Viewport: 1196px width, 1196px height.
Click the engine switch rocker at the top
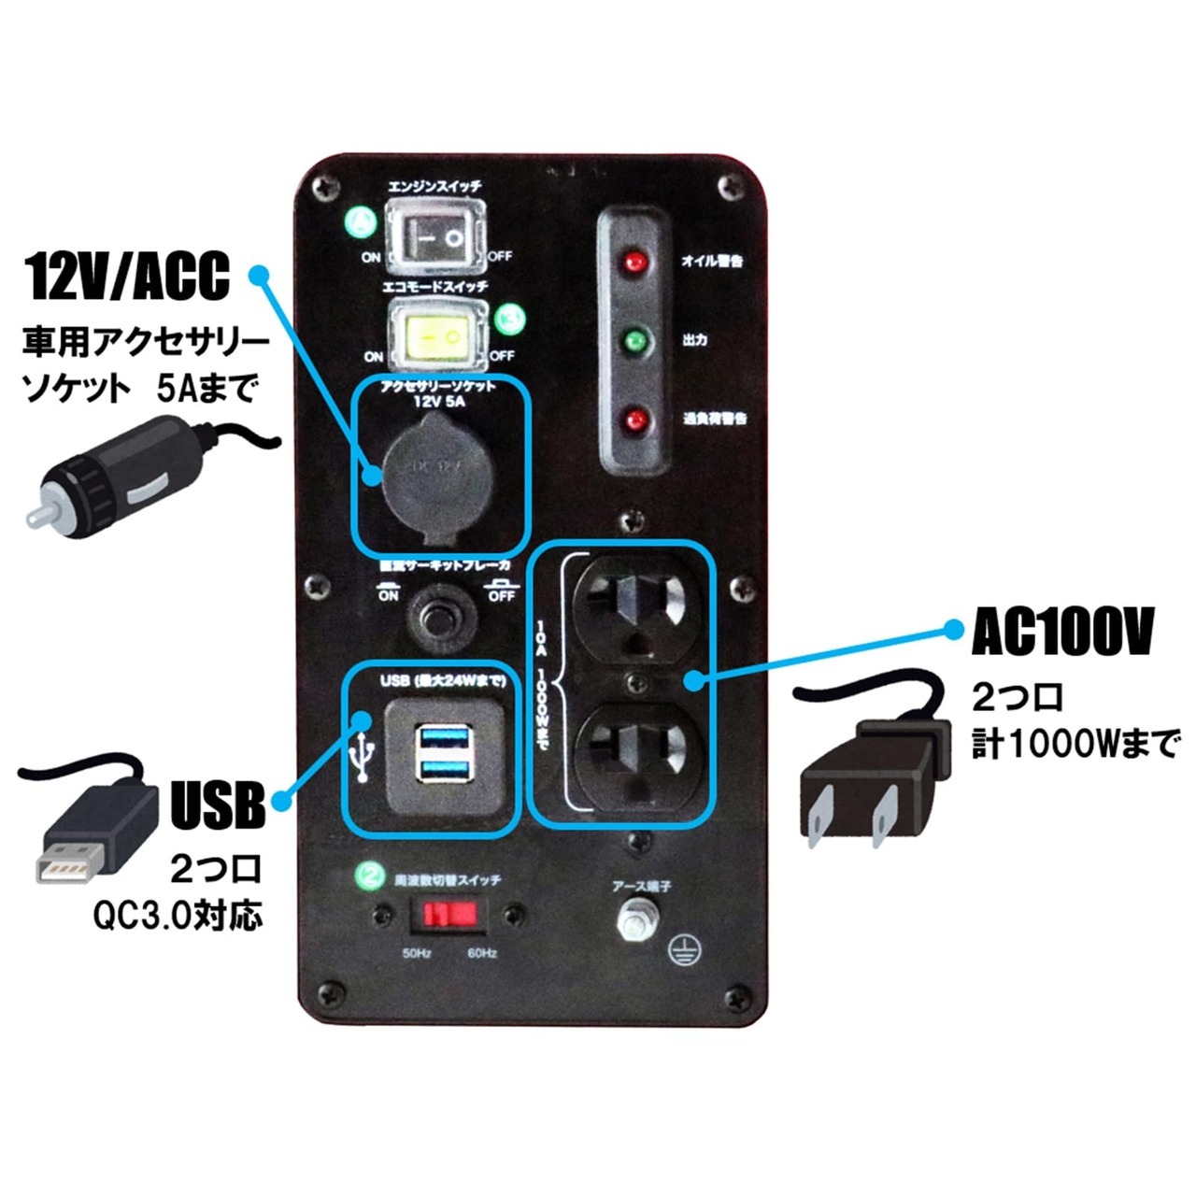[x=438, y=236]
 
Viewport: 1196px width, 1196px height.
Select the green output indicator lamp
[x=635, y=340]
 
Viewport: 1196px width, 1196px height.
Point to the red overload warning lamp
[x=635, y=419]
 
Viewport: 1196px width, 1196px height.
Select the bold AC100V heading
[x=1062, y=633]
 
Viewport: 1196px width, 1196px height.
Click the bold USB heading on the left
[x=218, y=804]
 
